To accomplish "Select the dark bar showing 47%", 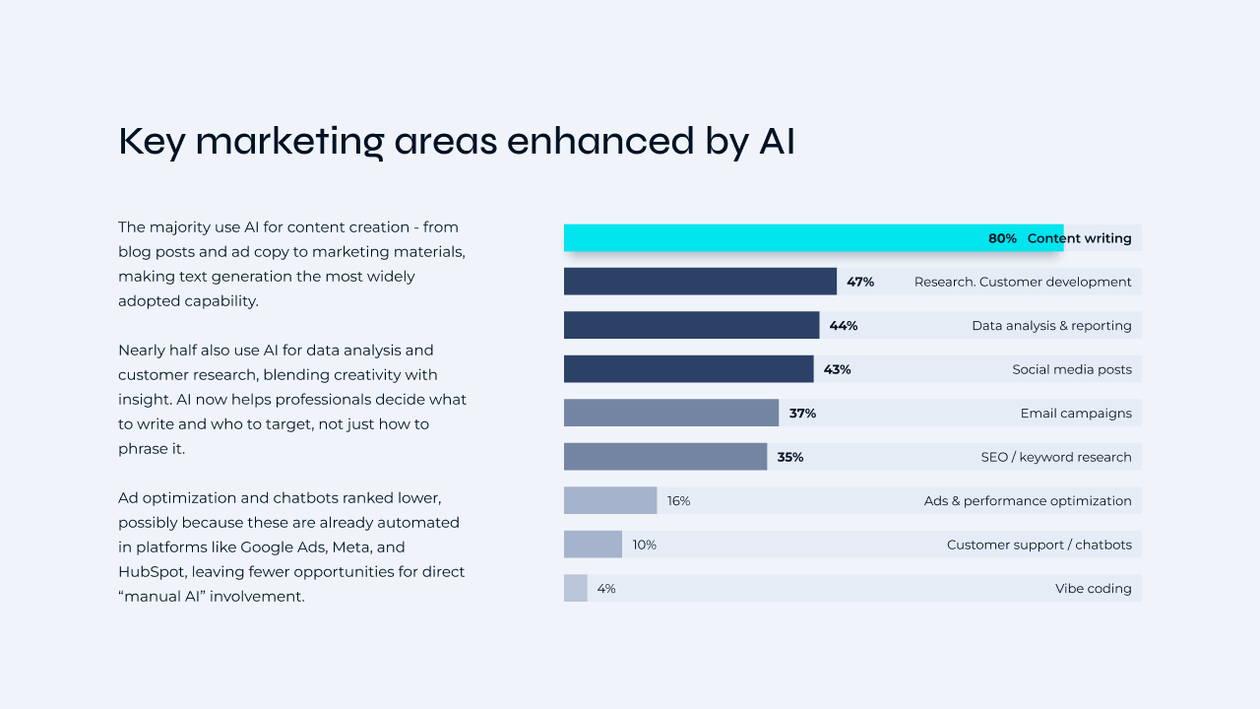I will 700,282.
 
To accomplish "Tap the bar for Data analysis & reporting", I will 691,325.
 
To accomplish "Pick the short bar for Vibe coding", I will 575,588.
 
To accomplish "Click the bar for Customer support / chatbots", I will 593,545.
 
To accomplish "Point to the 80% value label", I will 1002,238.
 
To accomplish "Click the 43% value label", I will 837,369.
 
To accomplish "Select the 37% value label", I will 802,414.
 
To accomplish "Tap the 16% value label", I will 678,501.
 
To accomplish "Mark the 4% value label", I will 605,589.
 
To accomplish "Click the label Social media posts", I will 1071,369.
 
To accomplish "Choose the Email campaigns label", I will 1075,414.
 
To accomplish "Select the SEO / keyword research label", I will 1055,457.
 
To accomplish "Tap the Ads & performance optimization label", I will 1027,501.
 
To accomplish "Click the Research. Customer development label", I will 1022,282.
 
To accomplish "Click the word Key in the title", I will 152,142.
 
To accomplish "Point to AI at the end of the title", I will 776,142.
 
